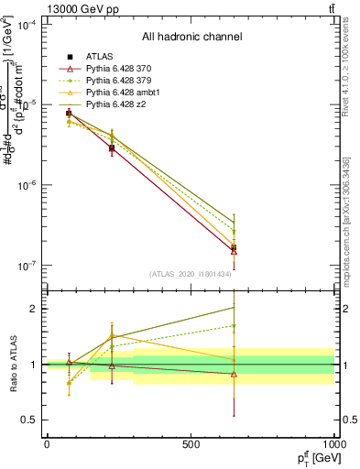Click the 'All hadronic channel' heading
click(191, 38)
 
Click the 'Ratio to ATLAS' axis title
click(12, 365)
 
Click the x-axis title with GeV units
click(312, 457)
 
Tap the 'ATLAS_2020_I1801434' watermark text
click(191, 274)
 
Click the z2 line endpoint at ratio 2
click(235, 306)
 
